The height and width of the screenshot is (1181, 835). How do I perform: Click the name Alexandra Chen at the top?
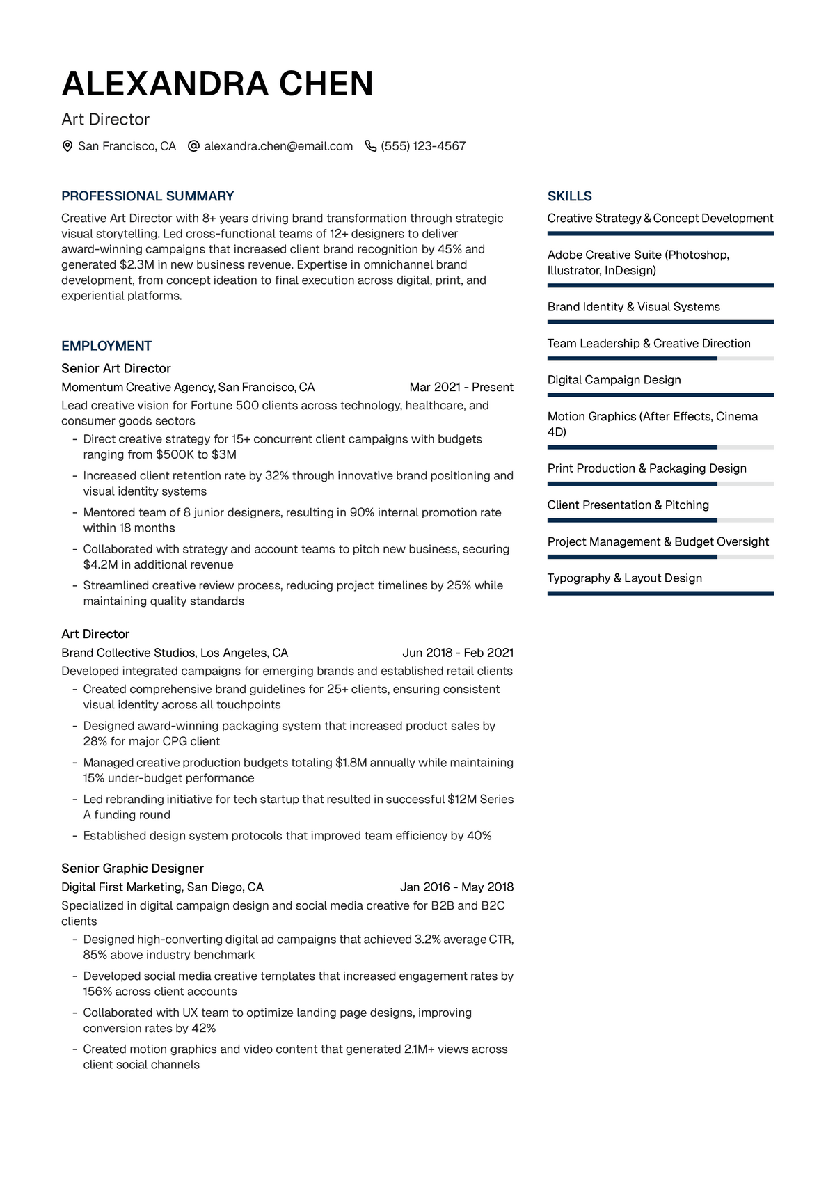tap(217, 84)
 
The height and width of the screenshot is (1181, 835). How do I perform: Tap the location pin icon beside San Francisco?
tap(67, 146)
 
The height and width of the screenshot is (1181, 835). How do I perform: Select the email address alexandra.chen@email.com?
tap(278, 146)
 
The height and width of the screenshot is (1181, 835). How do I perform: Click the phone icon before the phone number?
tap(370, 146)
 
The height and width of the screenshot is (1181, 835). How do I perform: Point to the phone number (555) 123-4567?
tap(423, 146)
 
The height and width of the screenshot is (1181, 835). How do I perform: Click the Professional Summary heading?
tap(148, 196)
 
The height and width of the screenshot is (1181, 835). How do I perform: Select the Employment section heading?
tap(106, 346)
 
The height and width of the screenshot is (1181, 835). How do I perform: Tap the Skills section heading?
tap(569, 196)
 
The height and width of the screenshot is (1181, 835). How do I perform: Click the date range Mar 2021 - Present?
tap(461, 387)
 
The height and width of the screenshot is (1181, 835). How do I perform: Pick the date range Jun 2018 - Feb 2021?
tap(458, 653)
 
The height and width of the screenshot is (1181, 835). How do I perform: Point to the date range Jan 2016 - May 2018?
tap(456, 887)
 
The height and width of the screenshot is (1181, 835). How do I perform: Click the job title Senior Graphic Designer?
tap(132, 869)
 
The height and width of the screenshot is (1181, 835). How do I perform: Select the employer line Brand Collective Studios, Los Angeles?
tap(175, 653)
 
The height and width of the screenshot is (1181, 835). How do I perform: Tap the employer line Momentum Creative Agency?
tap(188, 387)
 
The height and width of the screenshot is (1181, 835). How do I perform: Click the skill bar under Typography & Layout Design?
tap(660, 594)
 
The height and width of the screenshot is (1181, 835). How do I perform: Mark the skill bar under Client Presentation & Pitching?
tap(660, 521)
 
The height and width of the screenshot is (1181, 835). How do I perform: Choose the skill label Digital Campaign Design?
tap(614, 380)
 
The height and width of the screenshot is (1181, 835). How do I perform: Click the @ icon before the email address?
tap(194, 146)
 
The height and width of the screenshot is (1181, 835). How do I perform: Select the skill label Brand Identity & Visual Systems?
tap(633, 307)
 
